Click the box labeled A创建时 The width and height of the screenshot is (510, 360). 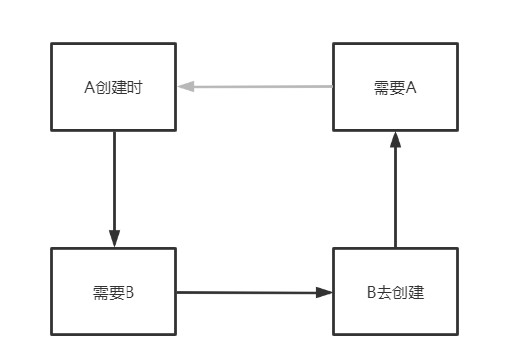pos(114,86)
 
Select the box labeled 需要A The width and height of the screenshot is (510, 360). pos(395,86)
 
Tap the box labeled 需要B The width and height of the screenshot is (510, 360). pos(114,292)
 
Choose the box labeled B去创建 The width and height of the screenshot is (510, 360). pos(395,292)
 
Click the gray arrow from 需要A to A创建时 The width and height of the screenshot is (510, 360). pos(257,87)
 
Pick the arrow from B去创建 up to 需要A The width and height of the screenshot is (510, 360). pos(395,193)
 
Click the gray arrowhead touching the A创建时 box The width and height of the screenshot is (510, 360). pos(185,87)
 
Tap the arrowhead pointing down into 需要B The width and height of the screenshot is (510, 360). pos(114,240)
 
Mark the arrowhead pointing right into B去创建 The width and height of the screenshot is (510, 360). pos(325,292)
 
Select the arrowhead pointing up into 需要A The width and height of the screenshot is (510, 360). pos(395,138)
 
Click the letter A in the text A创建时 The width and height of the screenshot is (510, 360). pos(89,87)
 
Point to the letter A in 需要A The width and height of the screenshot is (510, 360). pos(412,87)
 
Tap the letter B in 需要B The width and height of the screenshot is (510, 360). pos(129,293)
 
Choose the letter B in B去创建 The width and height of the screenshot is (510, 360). pos(371,293)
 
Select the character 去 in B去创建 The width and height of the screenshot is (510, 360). pos(383,293)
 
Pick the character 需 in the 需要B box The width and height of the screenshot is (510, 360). pos(99,293)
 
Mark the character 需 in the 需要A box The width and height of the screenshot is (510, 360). pos(381,87)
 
